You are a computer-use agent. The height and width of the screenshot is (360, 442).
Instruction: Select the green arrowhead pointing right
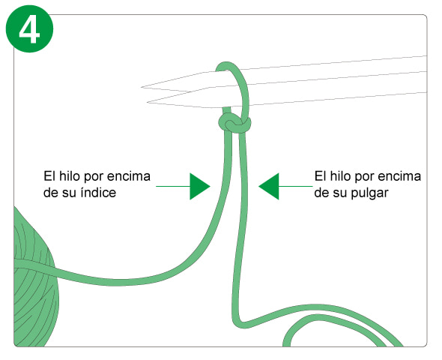(x=200, y=186)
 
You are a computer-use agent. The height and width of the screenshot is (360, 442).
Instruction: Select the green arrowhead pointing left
(x=269, y=186)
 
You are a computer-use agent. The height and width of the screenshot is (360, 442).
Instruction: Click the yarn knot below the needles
(x=234, y=123)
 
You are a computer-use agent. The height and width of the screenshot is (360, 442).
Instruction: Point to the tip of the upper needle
(x=142, y=87)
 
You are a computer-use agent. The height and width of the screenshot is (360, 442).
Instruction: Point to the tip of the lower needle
(x=148, y=103)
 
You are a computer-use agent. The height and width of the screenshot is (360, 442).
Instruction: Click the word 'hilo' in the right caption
(x=341, y=176)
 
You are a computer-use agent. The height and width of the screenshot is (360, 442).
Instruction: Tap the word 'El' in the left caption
(x=49, y=176)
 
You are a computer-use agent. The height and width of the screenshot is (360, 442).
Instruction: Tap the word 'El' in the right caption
(x=320, y=176)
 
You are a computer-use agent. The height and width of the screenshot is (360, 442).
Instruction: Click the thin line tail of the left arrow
(x=173, y=186)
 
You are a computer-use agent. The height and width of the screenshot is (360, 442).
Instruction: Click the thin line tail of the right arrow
(x=296, y=186)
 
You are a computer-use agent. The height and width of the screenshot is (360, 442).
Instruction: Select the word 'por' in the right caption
(x=364, y=178)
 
